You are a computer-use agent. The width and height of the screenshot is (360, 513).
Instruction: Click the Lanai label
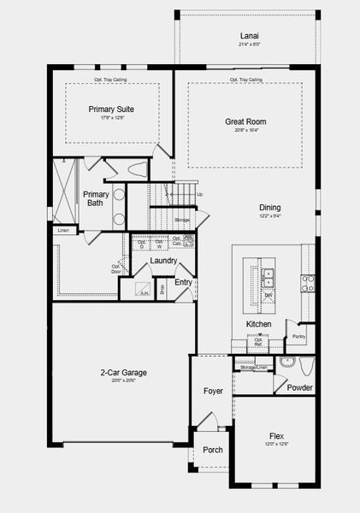tap(249, 36)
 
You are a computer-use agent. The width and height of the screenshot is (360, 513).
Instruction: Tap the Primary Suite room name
tap(113, 109)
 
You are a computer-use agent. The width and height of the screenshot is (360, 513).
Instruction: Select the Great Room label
tap(245, 121)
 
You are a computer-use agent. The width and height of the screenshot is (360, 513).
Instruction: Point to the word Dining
tap(270, 207)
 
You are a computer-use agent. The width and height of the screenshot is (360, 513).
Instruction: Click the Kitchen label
tap(259, 325)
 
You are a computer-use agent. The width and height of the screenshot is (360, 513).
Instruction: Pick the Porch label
tap(212, 450)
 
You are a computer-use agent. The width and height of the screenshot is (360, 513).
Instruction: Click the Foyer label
tap(212, 392)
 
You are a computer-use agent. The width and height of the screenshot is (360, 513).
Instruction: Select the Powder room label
tap(299, 388)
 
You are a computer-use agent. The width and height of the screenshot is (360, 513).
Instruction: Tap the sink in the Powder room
tap(286, 363)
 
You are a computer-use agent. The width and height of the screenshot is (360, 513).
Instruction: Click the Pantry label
tap(298, 337)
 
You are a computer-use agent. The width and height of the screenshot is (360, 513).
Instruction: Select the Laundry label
tap(163, 261)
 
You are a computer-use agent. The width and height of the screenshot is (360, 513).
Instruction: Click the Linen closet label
tap(63, 231)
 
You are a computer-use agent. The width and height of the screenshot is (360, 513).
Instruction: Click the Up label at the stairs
tap(200, 194)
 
